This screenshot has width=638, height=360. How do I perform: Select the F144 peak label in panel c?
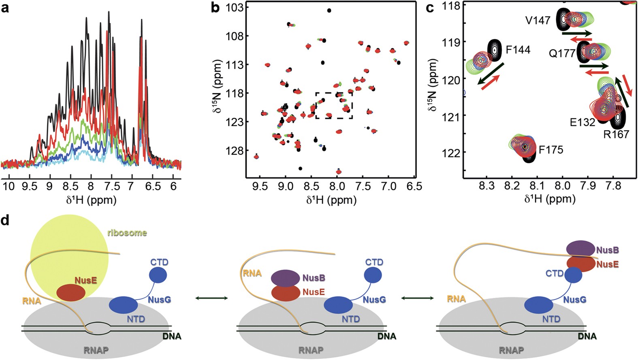point(518,50)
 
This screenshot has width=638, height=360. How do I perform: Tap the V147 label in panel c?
point(538,21)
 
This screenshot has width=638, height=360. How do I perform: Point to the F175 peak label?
point(551,150)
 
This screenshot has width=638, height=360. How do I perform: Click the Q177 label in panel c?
point(562,53)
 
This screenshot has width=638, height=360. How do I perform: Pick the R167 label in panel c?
point(616,134)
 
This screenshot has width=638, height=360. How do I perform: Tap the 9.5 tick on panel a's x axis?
point(29,186)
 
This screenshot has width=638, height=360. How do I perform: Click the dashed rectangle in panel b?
point(334,105)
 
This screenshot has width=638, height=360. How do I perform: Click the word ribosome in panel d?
point(127,233)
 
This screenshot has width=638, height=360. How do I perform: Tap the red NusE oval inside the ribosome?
point(70,292)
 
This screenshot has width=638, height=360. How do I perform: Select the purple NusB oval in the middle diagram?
point(285,278)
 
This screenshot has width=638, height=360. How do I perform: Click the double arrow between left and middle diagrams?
point(211,298)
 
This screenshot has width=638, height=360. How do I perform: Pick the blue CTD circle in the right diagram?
point(573,276)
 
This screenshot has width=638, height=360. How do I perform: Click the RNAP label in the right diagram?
point(511,350)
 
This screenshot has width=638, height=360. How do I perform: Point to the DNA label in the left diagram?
point(172,337)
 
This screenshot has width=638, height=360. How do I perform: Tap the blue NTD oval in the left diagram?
point(124,305)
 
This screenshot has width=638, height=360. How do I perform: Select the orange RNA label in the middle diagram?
point(252,273)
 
